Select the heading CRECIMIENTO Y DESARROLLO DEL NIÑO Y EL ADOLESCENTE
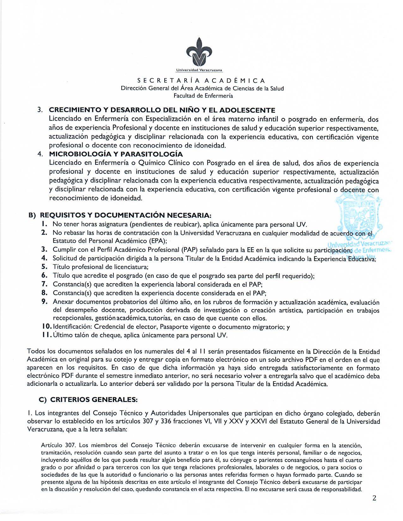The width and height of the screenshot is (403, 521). (x=162, y=110)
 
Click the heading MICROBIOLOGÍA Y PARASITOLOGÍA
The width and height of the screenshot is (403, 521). (x=116, y=154)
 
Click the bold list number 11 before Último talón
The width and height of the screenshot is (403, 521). (x=45, y=335)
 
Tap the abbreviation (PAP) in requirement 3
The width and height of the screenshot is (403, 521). (x=191, y=250)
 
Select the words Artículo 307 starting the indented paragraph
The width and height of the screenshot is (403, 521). (x=58, y=445)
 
